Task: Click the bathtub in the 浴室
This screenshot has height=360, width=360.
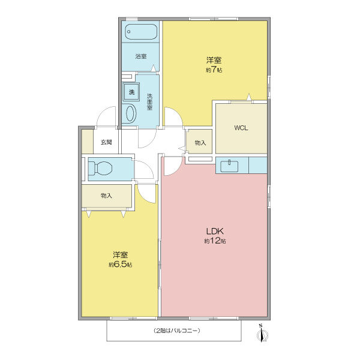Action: coord(141,32)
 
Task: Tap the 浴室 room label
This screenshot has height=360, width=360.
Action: coord(141,56)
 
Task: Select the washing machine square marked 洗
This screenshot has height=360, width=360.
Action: coord(131,92)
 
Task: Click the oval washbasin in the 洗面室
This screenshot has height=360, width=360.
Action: coord(130,113)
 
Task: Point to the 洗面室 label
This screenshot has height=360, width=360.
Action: coord(149,102)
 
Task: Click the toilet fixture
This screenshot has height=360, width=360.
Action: coord(101,168)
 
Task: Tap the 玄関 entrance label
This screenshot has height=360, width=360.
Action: coord(106,142)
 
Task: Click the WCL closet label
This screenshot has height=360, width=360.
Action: coord(241,128)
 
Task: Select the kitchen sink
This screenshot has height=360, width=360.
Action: coord(229,166)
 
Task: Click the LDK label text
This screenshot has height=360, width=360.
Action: coord(215,231)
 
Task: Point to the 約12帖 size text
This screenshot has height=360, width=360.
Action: coord(215,241)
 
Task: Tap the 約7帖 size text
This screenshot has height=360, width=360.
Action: coord(214,70)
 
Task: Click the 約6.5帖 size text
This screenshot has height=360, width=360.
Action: coord(121,264)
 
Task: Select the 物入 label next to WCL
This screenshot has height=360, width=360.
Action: coord(200,143)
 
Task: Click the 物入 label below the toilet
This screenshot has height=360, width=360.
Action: coord(106,196)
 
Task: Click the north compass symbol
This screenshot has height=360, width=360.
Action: coord(262,334)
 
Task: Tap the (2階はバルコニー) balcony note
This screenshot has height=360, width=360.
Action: coord(176,331)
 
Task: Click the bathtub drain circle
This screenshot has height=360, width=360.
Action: coord(129,32)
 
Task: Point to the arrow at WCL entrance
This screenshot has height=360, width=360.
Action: coord(249,97)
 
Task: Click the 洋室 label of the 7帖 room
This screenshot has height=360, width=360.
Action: coord(214,60)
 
